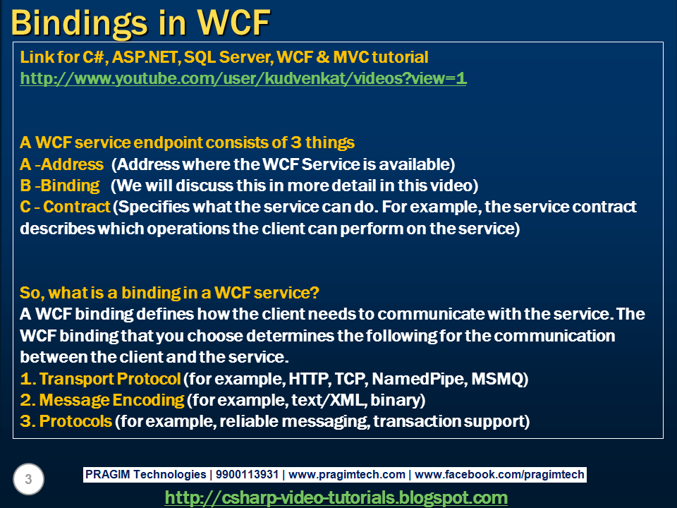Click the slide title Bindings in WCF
tap(141, 23)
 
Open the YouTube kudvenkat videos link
tap(243, 78)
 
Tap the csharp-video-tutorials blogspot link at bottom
tap(336, 497)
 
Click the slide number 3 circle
tap(28, 480)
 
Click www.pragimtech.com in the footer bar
tap(348, 475)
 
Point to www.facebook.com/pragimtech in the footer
tap(499, 475)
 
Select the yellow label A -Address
tap(62, 164)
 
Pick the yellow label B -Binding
tap(61, 186)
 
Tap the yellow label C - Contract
tap(66, 207)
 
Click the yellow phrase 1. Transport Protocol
tap(100, 379)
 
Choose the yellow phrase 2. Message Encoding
tap(102, 400)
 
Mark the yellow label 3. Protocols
tap(66, 421)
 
